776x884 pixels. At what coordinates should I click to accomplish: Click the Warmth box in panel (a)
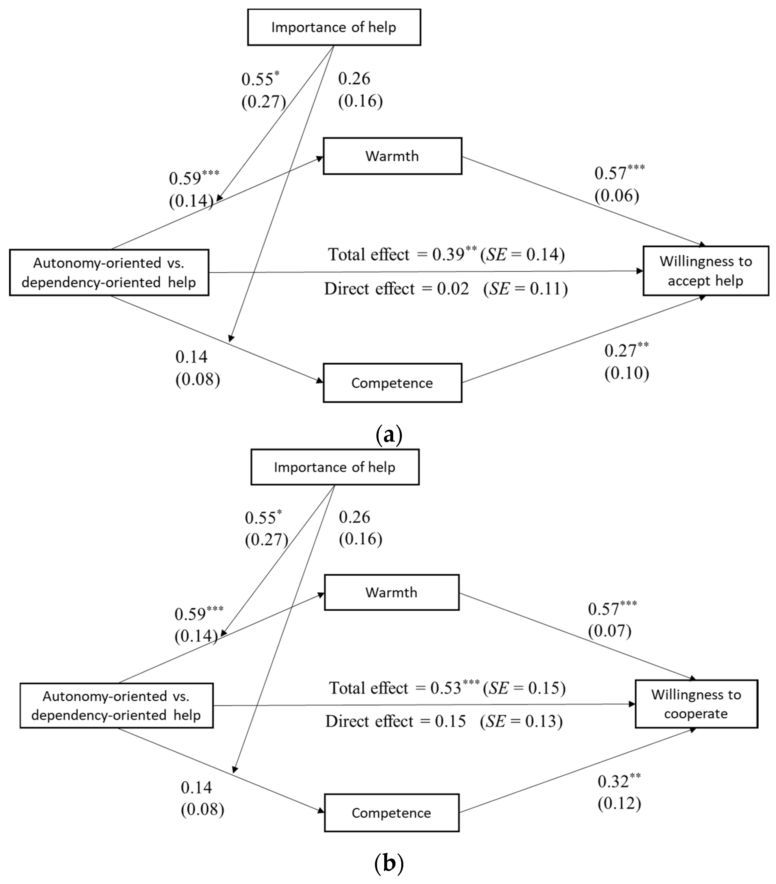tap(392, 156)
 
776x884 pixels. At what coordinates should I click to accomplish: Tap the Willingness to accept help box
tap(705, 271)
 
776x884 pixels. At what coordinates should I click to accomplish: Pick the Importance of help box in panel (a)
tap(334, 27)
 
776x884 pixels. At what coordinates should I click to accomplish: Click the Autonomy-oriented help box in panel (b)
tap(117, 705)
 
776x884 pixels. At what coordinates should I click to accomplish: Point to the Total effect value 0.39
tap(448, 254)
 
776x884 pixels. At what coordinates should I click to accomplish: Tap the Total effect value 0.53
tap(446, 688)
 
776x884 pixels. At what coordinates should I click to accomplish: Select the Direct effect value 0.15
tap(450, 721)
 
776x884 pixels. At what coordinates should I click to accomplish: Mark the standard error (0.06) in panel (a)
tap(617, 196)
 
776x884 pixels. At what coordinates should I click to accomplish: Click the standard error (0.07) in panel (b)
tap(609, 631)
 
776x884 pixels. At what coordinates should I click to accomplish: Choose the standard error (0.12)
tap(619, 804)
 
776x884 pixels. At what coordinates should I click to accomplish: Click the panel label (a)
tap(389, 435)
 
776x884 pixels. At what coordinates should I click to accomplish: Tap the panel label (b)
tap(388, 865)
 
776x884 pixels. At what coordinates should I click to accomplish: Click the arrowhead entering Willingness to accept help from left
tap(640, 271)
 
